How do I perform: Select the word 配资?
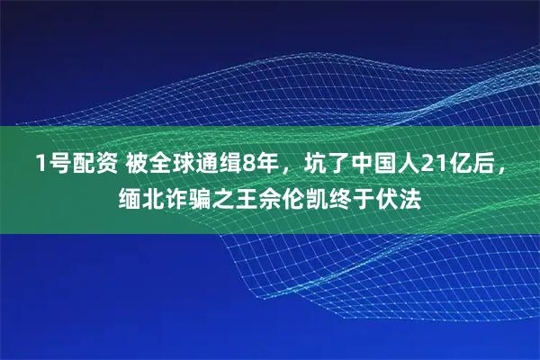[x=90, y=164]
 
